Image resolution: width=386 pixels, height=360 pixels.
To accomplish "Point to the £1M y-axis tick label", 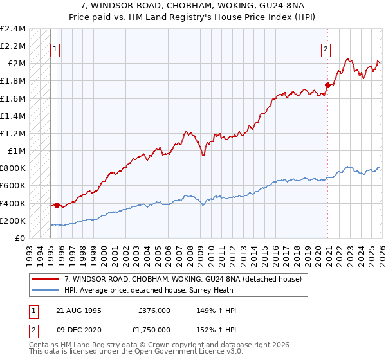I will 16,151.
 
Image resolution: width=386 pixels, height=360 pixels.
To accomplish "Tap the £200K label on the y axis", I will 13,221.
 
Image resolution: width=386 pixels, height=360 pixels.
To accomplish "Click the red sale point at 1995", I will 57,206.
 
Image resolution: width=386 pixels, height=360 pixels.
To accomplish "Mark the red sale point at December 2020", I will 327,85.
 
